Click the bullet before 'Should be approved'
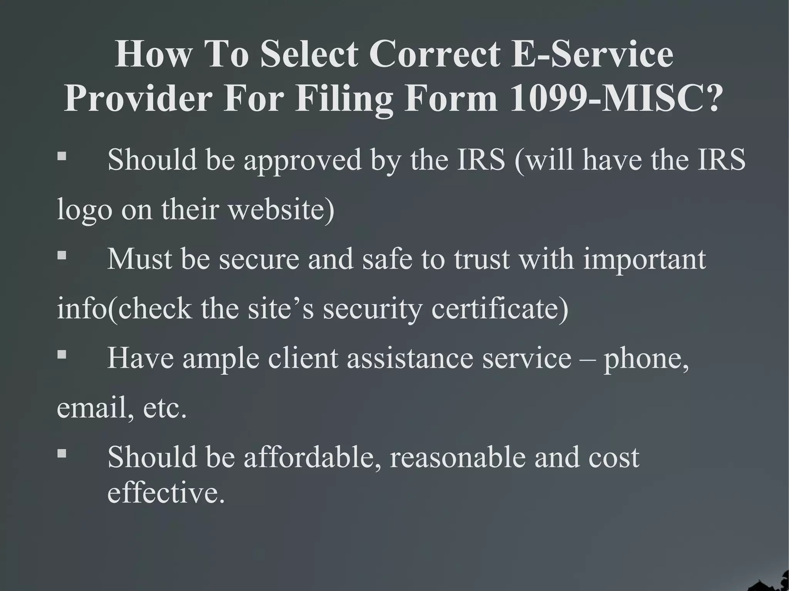tap(62, 156)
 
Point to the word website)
tap(282, 210)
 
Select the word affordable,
tap(312, 458)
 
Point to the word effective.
tap(166, 493)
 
